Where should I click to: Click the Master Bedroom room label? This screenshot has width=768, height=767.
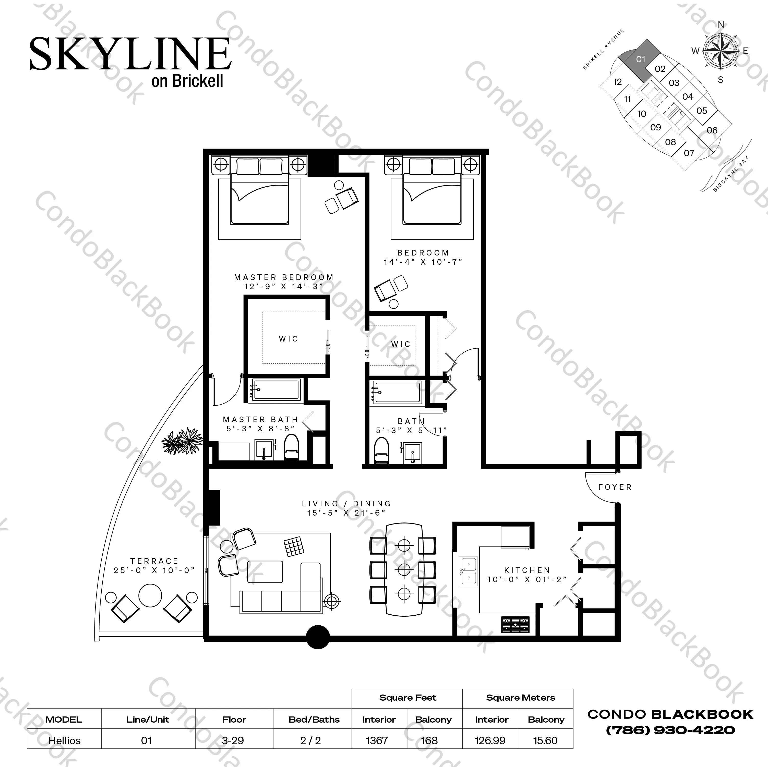pyautogui.click(x=283, y=277)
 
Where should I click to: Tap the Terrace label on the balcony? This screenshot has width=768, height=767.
pyautogui.click(x=154, y=561)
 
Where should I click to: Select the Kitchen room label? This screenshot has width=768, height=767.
pyautogui.click(x=527, y=570)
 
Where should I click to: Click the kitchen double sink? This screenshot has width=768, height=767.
pyautogui.click(x=468, y=571)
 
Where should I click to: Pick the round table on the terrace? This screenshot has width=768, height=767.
pyautogui.click(x=150, y=595)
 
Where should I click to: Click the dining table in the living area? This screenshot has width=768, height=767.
pyautogui.click(x=404, y=569)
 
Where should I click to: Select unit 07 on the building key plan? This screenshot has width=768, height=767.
pyautogui.click(x=689, y=153)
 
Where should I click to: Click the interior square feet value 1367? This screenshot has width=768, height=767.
pyautogui.click(x=377, y=740)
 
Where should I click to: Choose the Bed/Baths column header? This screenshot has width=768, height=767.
pyautogui.click(x=314, y=719)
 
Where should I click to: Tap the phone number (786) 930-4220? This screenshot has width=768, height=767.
pyautogui.click(x=670, y=730)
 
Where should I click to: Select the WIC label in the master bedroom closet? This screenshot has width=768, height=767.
pyautogui.click(x=288, y=339)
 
